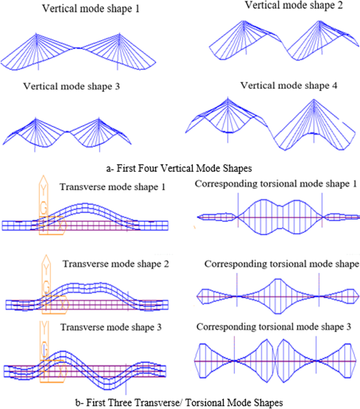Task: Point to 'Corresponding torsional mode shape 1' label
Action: point(276,183)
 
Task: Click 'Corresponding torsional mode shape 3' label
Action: point(278,327)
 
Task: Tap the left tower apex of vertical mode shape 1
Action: point(38,35)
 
